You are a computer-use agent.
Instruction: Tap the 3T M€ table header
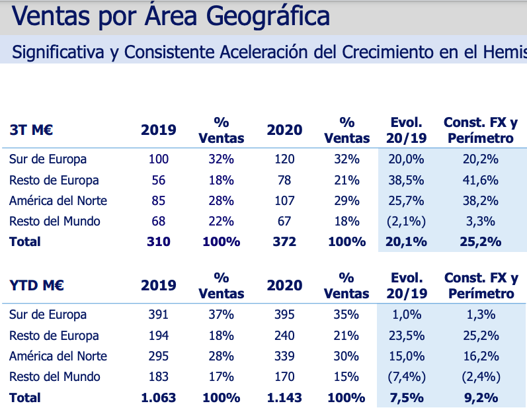[31, 130]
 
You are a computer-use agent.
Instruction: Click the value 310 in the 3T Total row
[159, 241]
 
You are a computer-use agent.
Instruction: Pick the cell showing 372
[284, 241]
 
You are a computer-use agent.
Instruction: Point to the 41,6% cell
[481, 180]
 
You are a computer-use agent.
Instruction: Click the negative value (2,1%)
[407, 221]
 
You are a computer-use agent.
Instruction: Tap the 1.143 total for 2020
[284, 397]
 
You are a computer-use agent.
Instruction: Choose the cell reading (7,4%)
[407, 377]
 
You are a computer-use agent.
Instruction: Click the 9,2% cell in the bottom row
[481, 397]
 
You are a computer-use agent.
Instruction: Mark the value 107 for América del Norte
[284, 200]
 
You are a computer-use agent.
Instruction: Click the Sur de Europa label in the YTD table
[48, 315]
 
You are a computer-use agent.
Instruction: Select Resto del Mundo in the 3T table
[55, 221]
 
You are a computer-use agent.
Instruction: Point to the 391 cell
[159, 315]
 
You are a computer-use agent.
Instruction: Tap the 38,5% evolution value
[407, 180]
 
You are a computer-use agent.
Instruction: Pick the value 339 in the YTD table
[284, 356]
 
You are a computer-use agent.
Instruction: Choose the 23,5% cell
[407, 335]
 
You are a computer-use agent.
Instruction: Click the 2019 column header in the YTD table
[159, 286]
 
